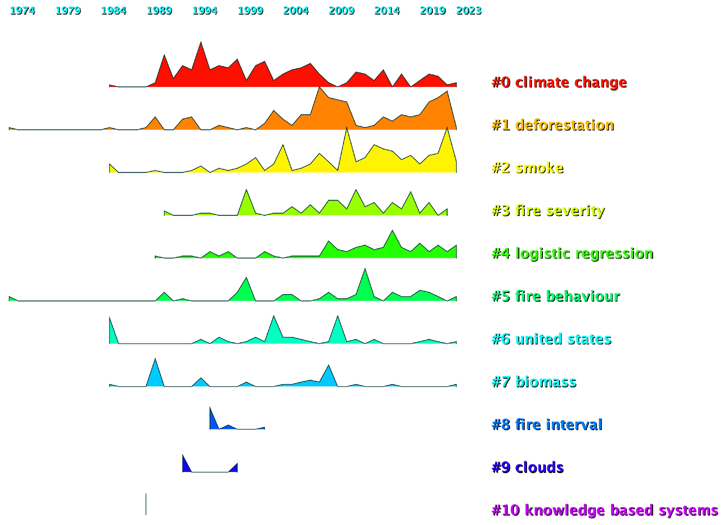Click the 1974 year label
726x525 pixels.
[22, 11]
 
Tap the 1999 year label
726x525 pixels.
[250, 11]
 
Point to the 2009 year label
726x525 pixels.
[341, 11]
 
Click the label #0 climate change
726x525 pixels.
[559, 82]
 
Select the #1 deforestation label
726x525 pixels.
[553, 125]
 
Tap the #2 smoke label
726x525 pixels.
[528, 168]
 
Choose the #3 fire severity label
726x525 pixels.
[548, 211]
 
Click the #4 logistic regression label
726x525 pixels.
[572, 253]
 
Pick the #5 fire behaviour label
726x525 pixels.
[556, 296]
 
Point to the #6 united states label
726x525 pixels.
[551, 339]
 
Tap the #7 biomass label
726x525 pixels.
[534, 382]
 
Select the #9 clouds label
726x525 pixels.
[528, 467]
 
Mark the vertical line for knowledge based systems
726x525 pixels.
[146, 504]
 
